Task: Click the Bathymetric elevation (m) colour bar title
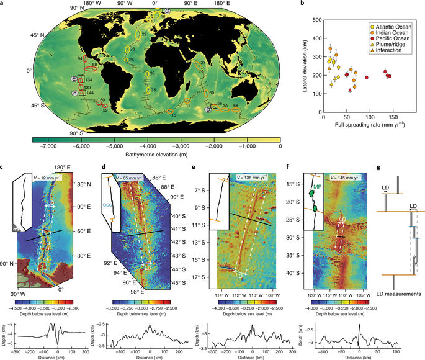(154, 154)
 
